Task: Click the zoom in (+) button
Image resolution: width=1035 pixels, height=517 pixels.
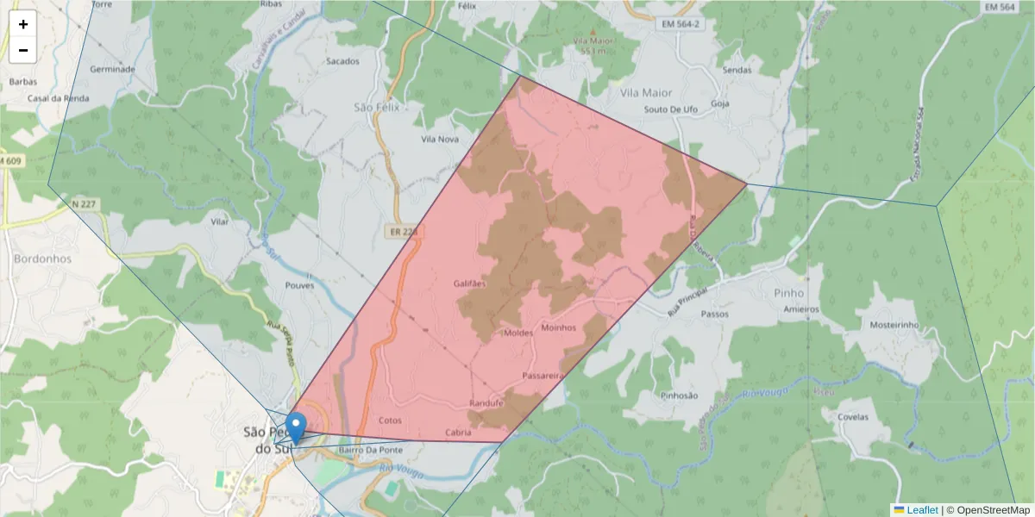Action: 23,24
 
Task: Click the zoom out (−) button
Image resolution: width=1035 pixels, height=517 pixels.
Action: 23,50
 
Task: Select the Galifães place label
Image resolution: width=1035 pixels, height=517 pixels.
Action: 470,283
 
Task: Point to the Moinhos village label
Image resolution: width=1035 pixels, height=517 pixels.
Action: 558,327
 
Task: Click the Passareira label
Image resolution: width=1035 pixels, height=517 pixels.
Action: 543,377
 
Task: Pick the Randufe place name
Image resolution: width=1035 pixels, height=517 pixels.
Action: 486,403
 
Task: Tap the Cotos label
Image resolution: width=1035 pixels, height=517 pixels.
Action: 390,420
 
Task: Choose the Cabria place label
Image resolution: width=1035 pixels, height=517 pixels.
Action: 458,433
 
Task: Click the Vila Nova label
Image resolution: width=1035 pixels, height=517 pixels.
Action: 440,139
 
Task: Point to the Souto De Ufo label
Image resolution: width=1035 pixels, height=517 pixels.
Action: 671,109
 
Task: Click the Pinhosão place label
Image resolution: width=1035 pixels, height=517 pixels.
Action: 678,396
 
